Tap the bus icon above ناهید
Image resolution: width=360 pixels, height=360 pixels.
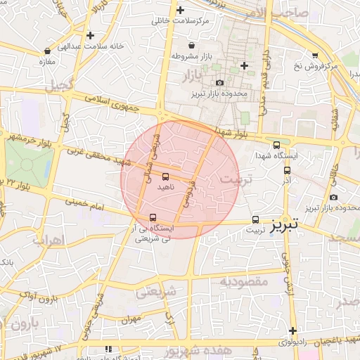[165, 176]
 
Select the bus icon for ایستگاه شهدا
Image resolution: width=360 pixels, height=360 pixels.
[276, 144]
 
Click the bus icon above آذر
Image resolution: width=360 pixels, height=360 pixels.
[287, 170]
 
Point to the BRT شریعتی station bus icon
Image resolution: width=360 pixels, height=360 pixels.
[153, 217]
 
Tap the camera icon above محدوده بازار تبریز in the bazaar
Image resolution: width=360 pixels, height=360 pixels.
[219, 83]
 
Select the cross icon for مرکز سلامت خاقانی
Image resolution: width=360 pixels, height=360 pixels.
[181, 10]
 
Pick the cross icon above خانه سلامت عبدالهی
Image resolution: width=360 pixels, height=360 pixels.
[90, 34]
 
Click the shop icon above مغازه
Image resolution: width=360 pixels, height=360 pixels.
[47, 51]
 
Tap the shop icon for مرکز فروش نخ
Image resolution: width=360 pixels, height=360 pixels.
[314, 55]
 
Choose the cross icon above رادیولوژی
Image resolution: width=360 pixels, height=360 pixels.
[292, 330]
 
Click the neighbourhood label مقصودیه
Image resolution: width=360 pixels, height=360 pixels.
[245, 281]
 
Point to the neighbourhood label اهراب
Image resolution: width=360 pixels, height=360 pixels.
[48, 240]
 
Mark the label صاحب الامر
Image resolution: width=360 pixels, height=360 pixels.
[282, 11]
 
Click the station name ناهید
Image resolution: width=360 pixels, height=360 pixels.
[165, 188]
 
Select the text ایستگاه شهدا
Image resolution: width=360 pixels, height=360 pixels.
[276, 155]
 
